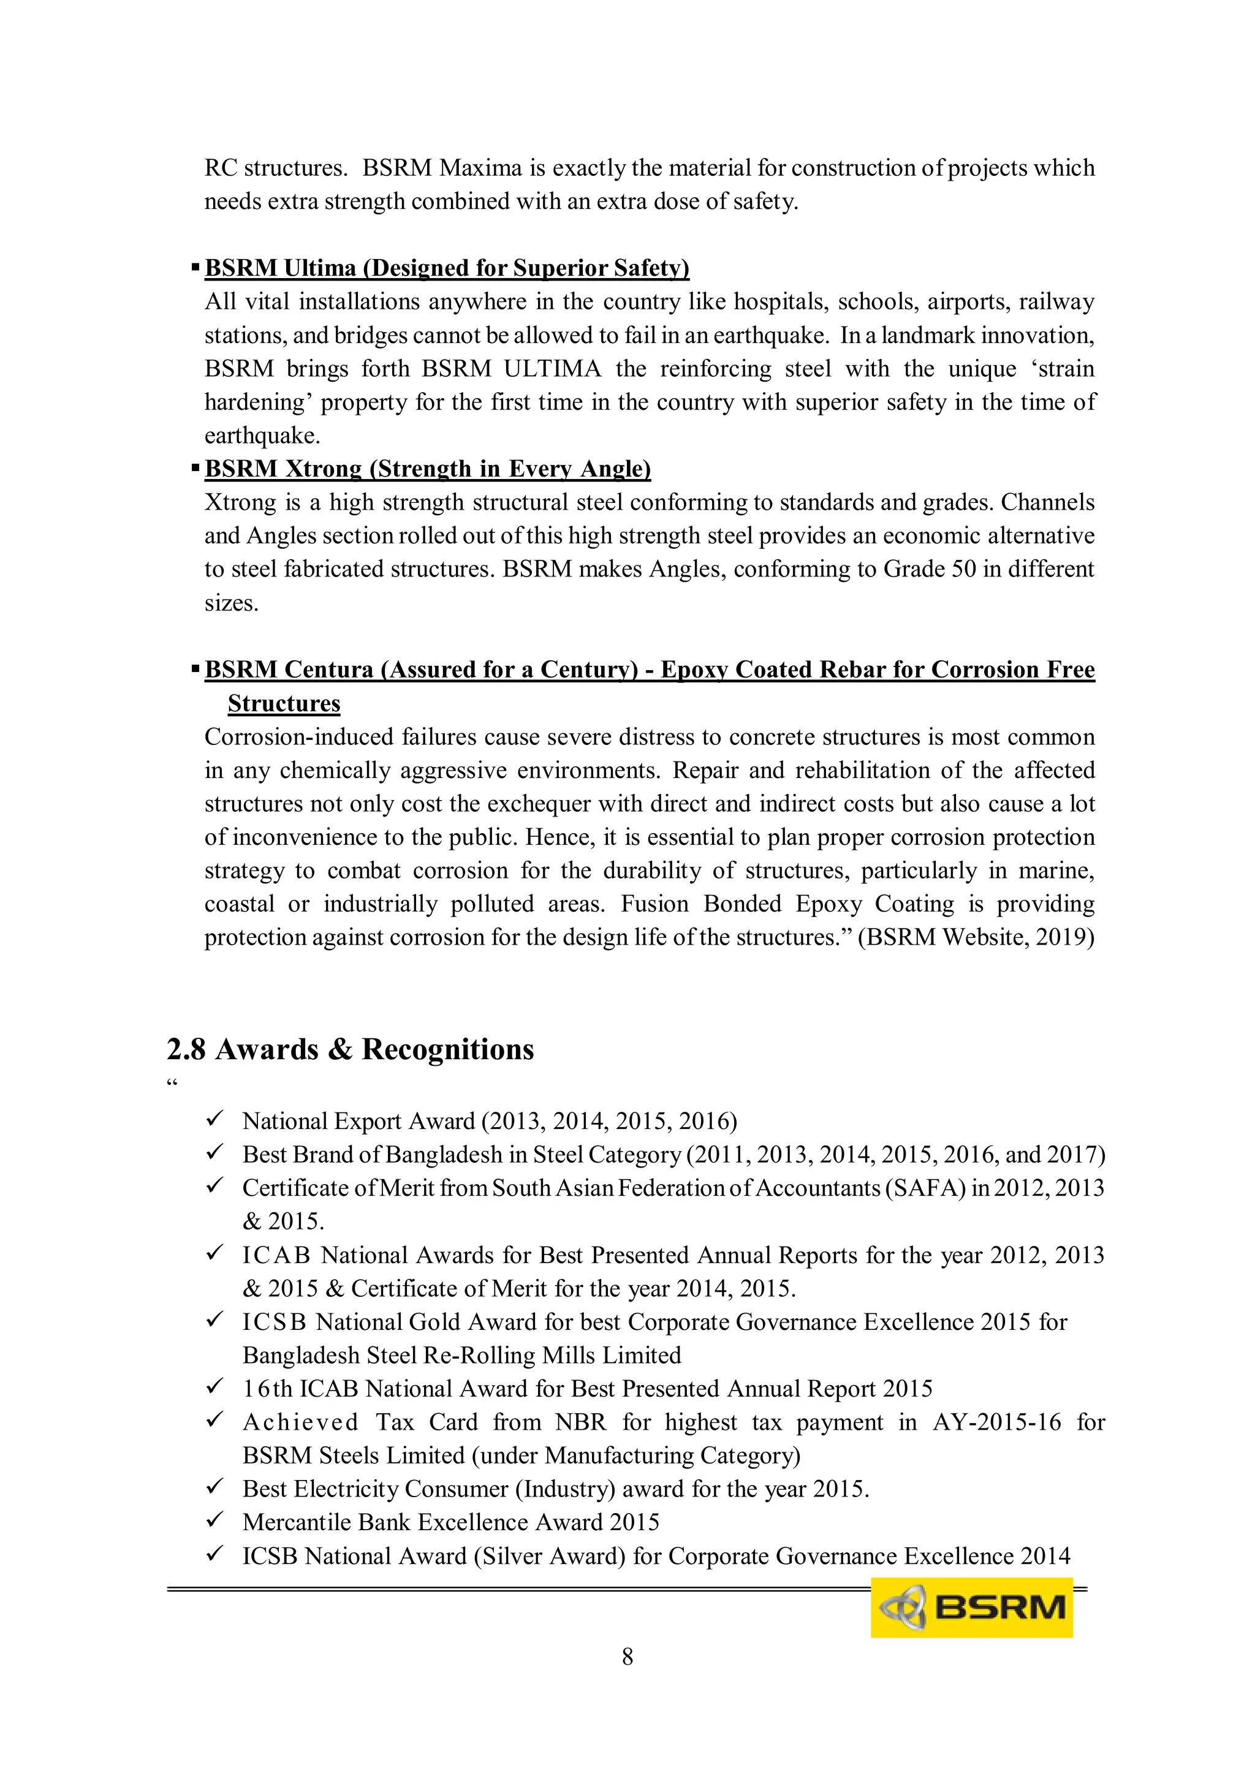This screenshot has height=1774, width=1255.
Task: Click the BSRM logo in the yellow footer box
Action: pyautogui.click(x=971, y=1607)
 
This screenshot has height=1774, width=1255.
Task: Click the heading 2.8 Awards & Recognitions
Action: pyautogui.click(x=350, y=1049)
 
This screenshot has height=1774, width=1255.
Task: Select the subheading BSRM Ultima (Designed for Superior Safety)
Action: pyautogui.click(x=447, y=268)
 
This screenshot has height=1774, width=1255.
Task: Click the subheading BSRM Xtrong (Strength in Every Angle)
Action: pyautogui.click(x=427, y=469)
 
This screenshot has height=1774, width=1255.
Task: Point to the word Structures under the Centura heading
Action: pyautogui.click(x=284, y=703)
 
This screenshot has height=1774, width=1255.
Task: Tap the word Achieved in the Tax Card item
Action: pyautogui.click(x=300, y=1422)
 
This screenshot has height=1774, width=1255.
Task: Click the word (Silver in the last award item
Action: pyautogui.click(x=509, y=1555)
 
